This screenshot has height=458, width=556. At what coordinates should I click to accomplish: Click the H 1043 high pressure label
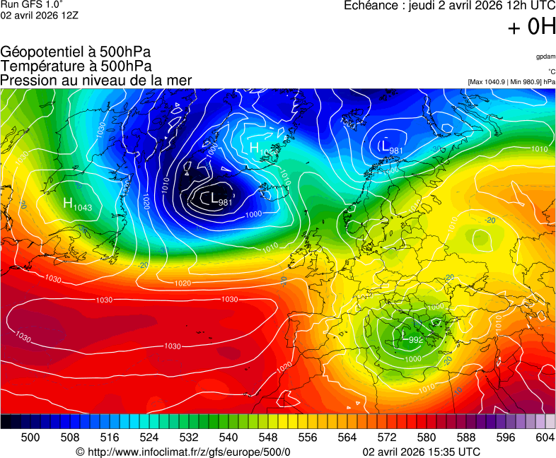77,204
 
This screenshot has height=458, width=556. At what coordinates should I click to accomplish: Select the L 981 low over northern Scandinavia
391,146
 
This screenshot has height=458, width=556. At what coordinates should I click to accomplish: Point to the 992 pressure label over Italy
416,340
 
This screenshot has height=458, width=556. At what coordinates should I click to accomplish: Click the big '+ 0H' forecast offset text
531,28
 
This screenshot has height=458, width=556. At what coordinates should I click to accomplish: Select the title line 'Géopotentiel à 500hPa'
76,52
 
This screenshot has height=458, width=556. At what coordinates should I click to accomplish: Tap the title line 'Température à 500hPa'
76,66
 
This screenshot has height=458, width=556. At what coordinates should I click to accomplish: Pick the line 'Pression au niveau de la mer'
96,80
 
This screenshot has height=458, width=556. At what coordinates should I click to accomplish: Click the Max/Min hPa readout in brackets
511,82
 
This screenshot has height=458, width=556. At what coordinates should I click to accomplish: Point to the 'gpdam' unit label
545,57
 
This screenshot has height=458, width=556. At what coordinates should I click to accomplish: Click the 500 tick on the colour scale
30,438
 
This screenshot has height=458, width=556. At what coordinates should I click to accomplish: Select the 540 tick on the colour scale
228,438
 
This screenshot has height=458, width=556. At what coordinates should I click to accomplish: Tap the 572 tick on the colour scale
386,438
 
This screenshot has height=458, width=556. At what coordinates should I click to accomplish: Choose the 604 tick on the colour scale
545,438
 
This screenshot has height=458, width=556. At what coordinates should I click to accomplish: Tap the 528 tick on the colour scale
169,438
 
